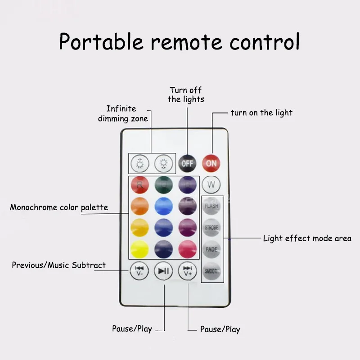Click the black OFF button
click(x=187, y=163)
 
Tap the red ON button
click(x=211, y=163)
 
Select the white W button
click(x=211, y=184)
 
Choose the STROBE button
click(x=211, y=227)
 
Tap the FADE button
click(x=211, y=249)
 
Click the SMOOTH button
click(x=211, y=271)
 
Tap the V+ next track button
click(x=187, y=270)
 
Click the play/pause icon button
click(x=163, y=270)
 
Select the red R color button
click(x=139, y=184)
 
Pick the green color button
click(x=164, y=184)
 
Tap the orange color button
click(x=139, y=206)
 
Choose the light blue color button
click(x=164, y=206)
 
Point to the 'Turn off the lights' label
click(x=186, y=94)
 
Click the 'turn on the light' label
click(x=261, y=112)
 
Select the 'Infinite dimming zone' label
click(x=122, y=113)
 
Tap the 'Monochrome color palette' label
click(x=59, y=207)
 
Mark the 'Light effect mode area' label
click(x=307, y=238)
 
